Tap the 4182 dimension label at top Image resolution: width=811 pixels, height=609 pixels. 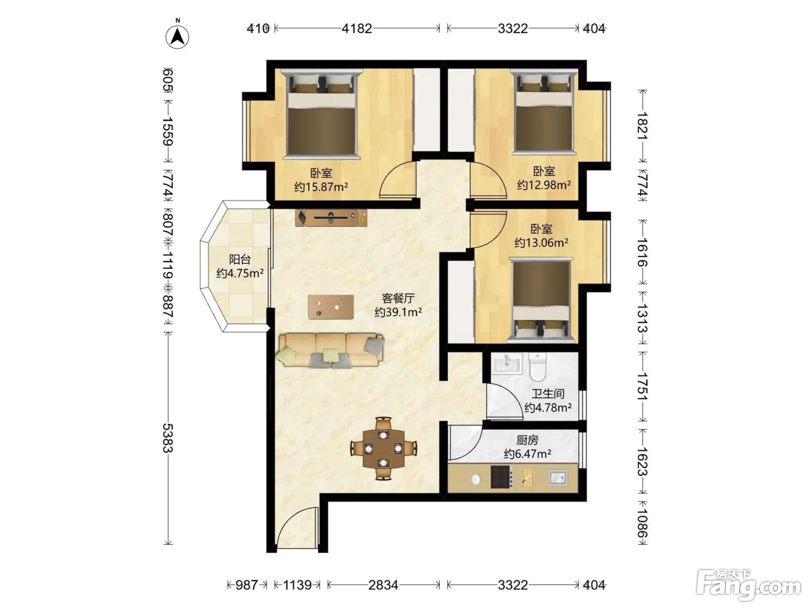coord(357,28)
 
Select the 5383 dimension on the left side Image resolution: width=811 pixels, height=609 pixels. coord(168,438)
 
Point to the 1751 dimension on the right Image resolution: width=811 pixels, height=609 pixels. coord(642,386)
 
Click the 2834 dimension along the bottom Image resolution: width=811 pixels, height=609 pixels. coord(383,585)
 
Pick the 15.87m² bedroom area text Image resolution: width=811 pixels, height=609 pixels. coord(321,187)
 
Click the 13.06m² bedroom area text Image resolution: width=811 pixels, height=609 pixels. coord(541,243)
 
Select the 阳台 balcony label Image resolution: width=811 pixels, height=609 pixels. coord(240,260)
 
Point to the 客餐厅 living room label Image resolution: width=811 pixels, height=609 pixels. coord(399,298)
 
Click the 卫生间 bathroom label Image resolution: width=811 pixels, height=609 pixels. coord(548,393)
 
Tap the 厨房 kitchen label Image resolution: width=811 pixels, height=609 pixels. coord(527,440)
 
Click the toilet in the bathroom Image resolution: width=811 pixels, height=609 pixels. coord(538,367)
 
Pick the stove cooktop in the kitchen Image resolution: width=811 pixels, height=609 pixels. coord(502,477)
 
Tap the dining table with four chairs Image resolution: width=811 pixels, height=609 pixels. coord(383,448)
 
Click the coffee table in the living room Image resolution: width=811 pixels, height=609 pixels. coord(331,307)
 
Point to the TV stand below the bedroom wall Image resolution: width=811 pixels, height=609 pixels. coord(331,218)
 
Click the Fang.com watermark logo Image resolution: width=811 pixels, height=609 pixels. coord(748,585)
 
